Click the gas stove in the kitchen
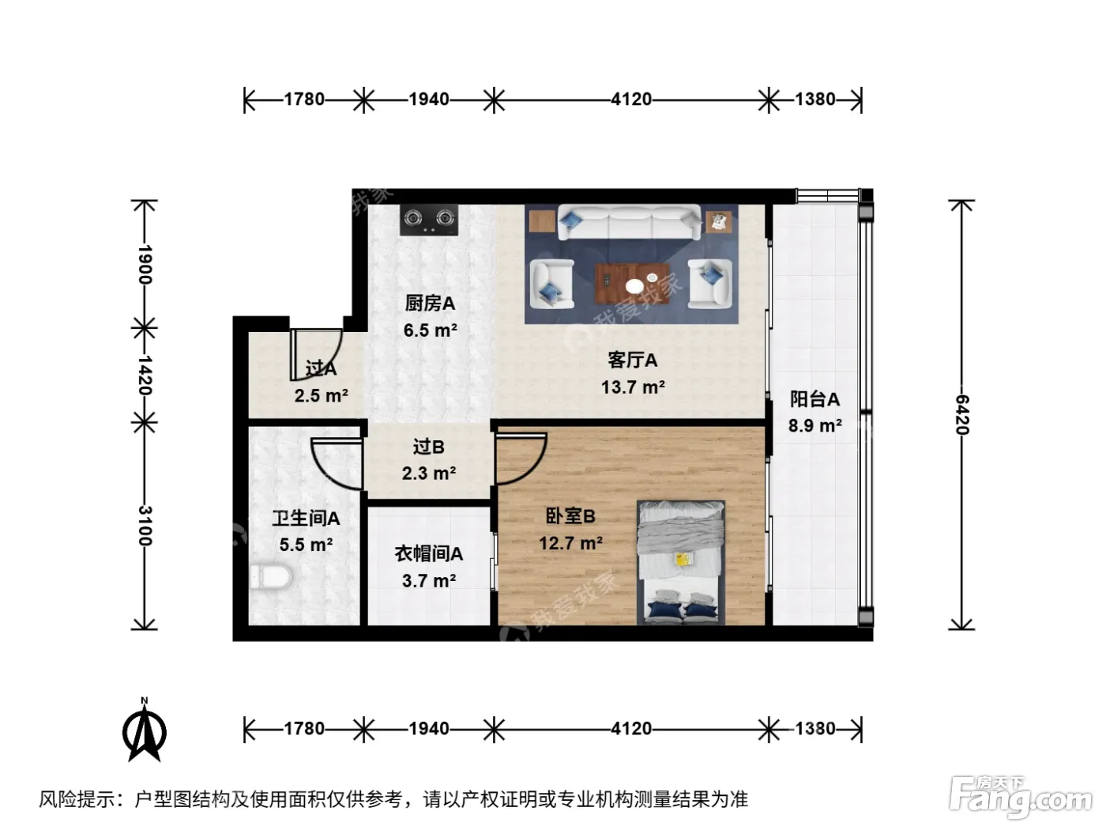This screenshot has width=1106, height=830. click(429, 220)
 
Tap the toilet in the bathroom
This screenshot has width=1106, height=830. click(271, 576)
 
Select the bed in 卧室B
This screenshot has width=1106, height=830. click(681, 562)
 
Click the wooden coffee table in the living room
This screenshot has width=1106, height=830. click(632, 284)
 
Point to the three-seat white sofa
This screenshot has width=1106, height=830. click(630, 222)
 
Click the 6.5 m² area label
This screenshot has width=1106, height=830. click(431, 330)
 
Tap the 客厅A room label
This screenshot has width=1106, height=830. click(632, 360)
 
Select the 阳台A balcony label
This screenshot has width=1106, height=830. click(814, 399)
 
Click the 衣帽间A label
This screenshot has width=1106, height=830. click(429, 554)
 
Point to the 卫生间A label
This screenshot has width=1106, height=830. click(306, 518)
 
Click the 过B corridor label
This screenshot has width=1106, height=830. click(429, 447)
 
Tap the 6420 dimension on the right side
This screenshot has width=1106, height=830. click(962, 414)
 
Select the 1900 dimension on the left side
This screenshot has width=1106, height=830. click(145, 264)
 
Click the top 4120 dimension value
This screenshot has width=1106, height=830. click(631, 100)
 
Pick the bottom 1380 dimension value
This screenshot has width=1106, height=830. click(815, 729)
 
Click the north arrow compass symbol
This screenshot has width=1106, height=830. click(145, 731)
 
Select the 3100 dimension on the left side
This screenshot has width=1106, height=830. click(145, 526)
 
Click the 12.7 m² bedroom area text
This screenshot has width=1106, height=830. click(571, 543)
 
